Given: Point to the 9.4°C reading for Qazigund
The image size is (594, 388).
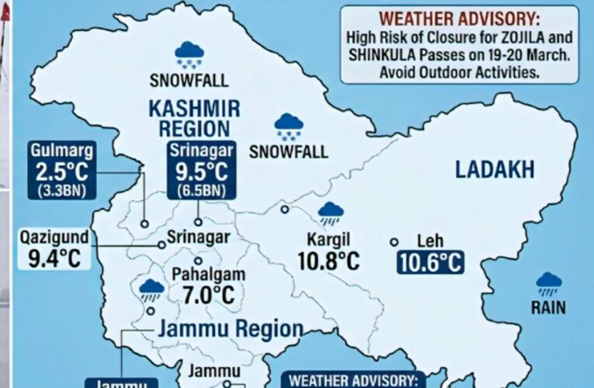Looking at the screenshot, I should click(54, 259).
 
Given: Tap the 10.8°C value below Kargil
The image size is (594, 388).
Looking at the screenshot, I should click(328, 261).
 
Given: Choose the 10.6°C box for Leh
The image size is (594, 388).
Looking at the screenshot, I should click(430, 262).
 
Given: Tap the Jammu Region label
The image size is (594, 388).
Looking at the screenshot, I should click(230, 328).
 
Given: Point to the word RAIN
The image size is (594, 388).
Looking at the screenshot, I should click(548, 308).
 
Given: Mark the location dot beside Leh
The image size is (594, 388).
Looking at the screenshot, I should click(394, 242).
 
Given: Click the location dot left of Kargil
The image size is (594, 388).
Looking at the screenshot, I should click(285, 209).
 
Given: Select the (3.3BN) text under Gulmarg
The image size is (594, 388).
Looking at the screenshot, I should click(64, 190).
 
